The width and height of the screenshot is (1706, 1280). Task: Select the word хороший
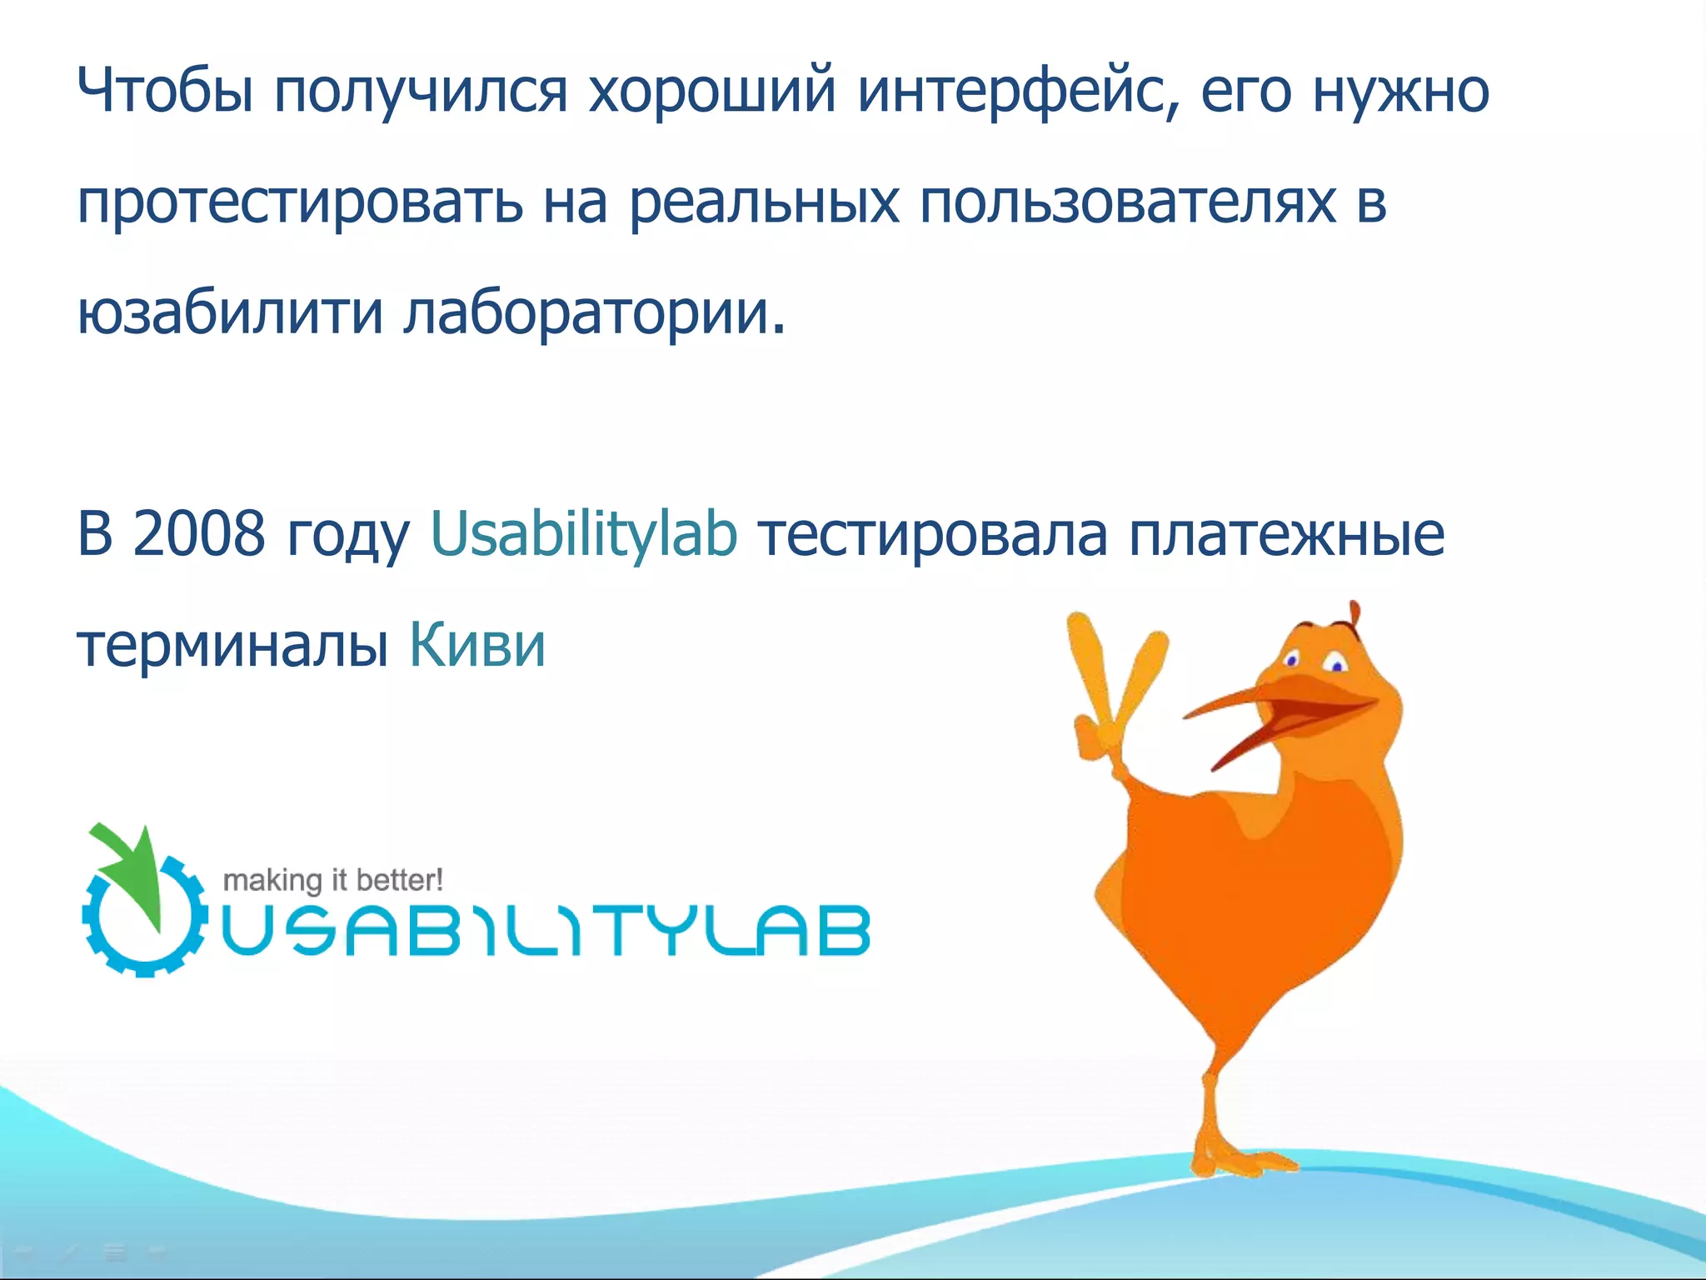pyautogui.click(x=711, y=90)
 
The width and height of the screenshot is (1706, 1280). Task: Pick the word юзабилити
pyautogui.click(x=230, y=313)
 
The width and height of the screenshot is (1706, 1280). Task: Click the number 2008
pyautogui.click(x=198, y=533)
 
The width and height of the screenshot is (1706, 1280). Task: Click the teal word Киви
pyautogui.click(x=477, y=644)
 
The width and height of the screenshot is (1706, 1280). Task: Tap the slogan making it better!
pyautogui.click(x=332, y=880)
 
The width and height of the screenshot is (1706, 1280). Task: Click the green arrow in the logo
pyautogui.click(x=133, y=867)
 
